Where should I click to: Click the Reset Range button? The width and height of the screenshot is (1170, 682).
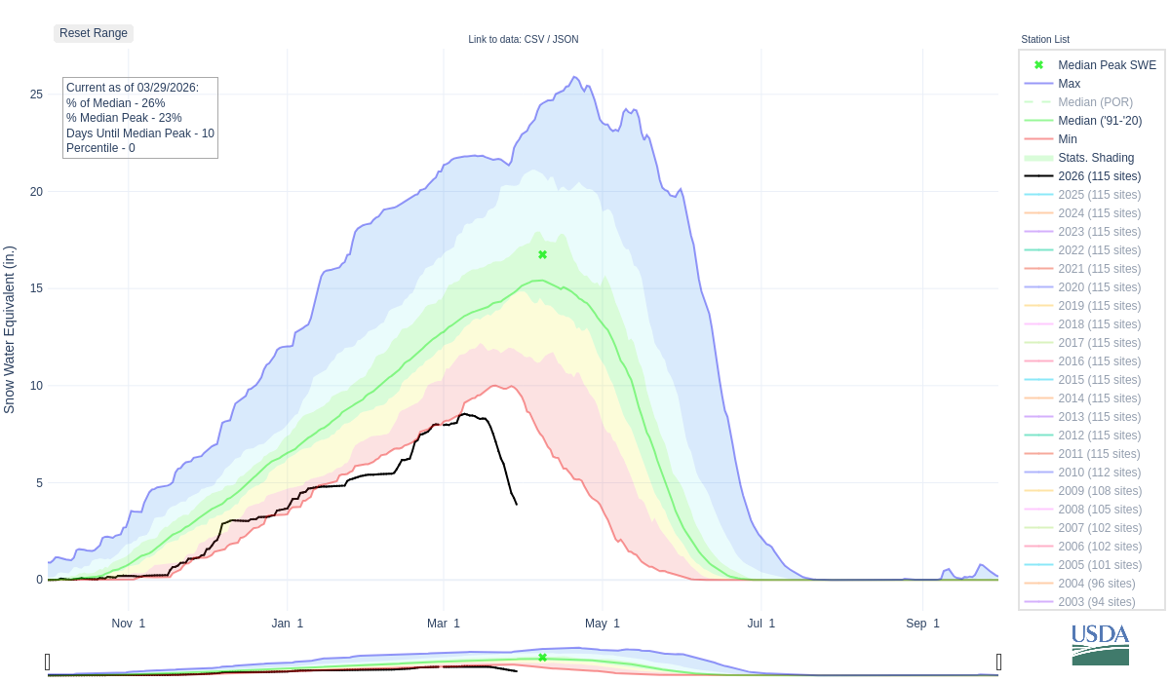tap(94, 33)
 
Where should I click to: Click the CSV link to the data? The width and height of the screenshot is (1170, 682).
tap(534, 40)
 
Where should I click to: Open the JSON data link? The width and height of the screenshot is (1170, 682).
tap(565, 40)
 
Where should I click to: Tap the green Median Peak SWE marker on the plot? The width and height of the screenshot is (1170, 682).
tap(542, 255)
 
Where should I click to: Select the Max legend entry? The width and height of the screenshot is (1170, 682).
tap(1069, 84)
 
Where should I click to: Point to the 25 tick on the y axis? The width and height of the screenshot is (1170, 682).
tap(36, 95)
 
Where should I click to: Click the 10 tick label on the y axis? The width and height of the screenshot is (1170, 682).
tap(36, 386)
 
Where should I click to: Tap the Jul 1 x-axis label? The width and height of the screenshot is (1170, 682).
tap(758, 624)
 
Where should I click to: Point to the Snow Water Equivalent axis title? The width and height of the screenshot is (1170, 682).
tap(10, 329)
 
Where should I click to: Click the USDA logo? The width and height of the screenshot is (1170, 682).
tap(1100, 644)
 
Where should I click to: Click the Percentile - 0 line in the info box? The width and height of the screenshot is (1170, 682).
tap(100, 148)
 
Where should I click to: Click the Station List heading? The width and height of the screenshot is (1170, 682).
tap(1045, 40)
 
